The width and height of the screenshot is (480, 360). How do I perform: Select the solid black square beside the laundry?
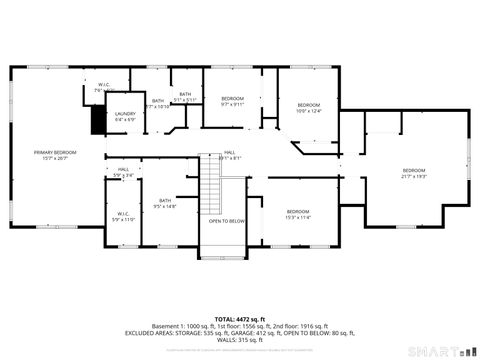click(98, 120)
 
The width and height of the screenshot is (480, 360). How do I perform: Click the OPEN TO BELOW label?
click(227, 221)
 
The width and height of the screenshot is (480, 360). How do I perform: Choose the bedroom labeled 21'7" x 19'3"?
click(414, 173)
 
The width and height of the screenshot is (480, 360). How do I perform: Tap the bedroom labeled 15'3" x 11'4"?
click(298, 214)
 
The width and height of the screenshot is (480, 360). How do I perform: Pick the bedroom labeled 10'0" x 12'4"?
click(307, 108)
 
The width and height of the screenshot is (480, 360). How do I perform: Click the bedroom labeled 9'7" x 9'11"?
click(232, 101)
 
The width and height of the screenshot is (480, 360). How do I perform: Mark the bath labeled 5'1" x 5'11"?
click(185, 97)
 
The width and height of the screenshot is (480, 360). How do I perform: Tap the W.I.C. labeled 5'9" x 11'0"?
click(123, 215)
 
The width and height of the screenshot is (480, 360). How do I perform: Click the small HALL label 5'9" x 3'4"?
click(123, 172)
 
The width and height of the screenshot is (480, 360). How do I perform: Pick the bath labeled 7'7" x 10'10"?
click(158, 103)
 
